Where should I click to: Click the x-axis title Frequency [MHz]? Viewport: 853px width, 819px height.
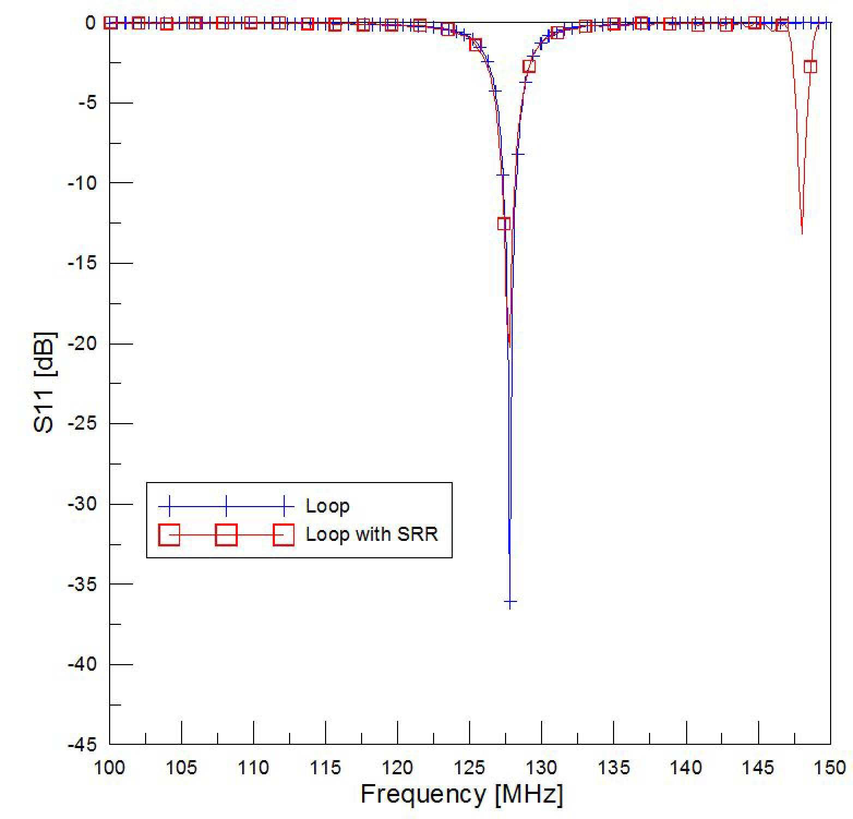coord(461,794)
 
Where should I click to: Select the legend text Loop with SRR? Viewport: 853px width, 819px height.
coord(372,534)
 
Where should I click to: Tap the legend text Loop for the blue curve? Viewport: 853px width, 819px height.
coord(328,507)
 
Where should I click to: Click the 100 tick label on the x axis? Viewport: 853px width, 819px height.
coord(110,768)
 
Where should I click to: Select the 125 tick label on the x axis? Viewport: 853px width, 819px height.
coord(470,768)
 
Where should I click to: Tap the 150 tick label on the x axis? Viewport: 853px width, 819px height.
coord(830,768)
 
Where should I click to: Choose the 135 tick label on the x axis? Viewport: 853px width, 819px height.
coord(614,768)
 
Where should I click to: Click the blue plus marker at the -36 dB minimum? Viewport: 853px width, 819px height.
coord(510,603)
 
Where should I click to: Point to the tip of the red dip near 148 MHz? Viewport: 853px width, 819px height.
coord(802,233)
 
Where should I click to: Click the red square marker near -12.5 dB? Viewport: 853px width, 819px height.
coord(504,223)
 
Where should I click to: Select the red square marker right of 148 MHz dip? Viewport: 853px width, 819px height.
coord(810,67)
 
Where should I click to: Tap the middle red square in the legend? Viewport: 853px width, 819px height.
coord(226,535)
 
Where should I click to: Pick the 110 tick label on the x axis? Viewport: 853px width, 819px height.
coord(254,768)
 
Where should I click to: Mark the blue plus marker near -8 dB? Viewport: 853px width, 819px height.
coord(518,154)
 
